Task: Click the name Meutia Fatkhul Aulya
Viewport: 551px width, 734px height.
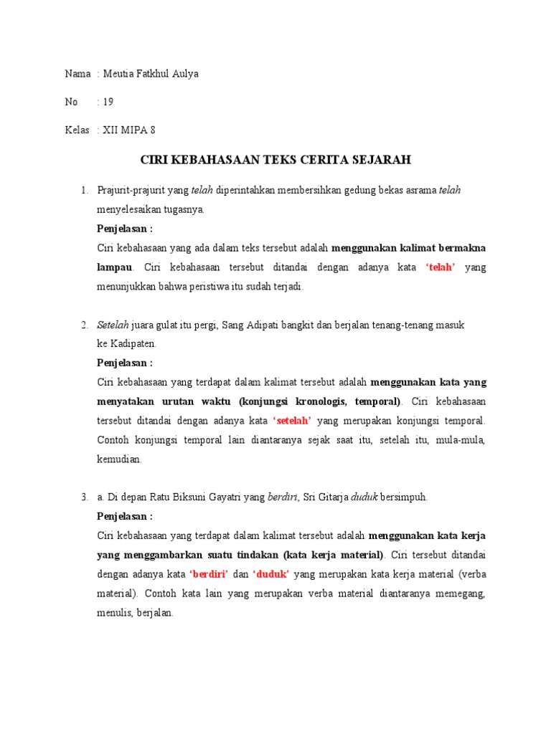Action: point(152,74)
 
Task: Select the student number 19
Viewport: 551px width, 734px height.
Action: point(108,102)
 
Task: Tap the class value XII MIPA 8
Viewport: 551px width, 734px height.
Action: point(129,130)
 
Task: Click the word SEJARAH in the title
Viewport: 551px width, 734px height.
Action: point(382,160)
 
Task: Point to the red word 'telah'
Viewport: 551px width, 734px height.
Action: point(441,267)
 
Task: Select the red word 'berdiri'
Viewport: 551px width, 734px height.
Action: point(209,574)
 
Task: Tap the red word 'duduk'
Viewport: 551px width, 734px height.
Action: point(271,574)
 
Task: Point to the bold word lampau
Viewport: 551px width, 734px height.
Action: point(115,267)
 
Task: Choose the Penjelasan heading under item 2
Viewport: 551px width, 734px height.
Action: point(125,363)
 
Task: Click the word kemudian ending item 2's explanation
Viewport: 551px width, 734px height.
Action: point(119,459)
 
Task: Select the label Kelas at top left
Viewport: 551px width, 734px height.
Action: point(77,130)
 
